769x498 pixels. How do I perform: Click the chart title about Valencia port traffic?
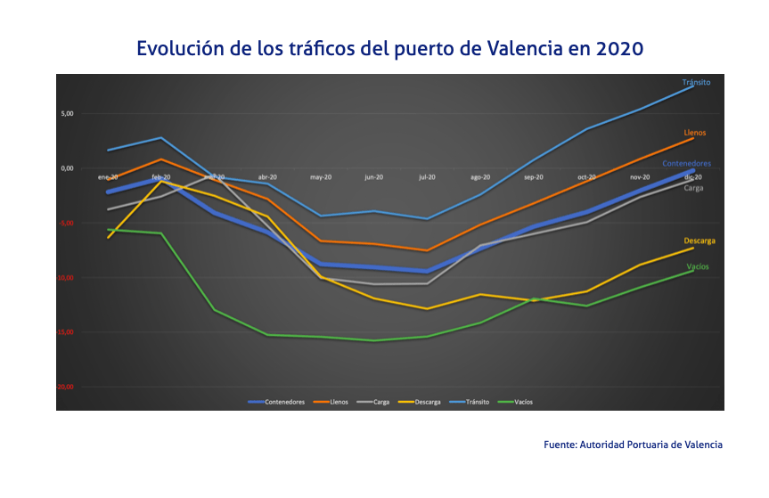[389, 48]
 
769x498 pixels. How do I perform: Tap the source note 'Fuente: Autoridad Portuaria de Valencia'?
[633, 444]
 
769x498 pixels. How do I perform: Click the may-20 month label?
[321, 177]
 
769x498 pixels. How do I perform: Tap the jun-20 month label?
[374, 177]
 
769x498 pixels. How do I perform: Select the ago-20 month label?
[480, 177]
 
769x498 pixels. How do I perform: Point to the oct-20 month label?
[586, 177]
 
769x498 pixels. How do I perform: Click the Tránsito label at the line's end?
[696, 82]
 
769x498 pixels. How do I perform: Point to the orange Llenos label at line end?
[695, 133]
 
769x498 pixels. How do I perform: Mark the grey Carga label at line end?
[693, 188]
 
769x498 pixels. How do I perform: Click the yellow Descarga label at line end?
[699, 241]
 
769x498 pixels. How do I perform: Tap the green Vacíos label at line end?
[698, 266]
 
